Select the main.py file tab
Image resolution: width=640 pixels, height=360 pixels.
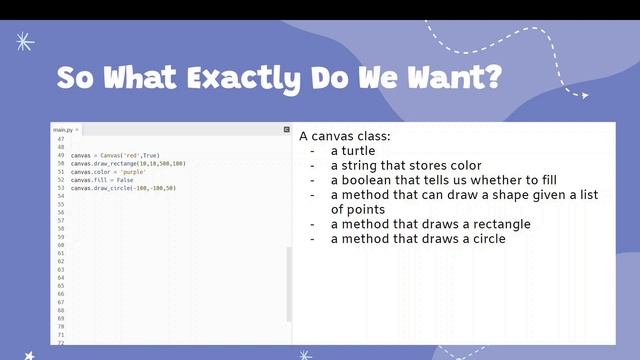[65, 130]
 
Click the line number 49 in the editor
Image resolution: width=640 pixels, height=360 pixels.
[61, 156]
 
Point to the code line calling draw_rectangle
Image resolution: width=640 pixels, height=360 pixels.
[128, 164]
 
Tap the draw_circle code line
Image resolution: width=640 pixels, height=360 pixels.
[123, 188]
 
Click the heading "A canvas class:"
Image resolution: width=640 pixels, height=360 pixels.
[345, 136]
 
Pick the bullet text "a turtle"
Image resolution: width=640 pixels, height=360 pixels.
[353, 151]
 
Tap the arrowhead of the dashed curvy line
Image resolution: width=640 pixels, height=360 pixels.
[583, 95]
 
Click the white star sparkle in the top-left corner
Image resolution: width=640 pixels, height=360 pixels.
[25, 42]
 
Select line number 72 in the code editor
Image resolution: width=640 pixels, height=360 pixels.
[61, 343]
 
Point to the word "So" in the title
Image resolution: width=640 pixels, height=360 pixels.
[77, 78]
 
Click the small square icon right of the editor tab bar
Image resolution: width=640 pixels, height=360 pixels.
[285, 130]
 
